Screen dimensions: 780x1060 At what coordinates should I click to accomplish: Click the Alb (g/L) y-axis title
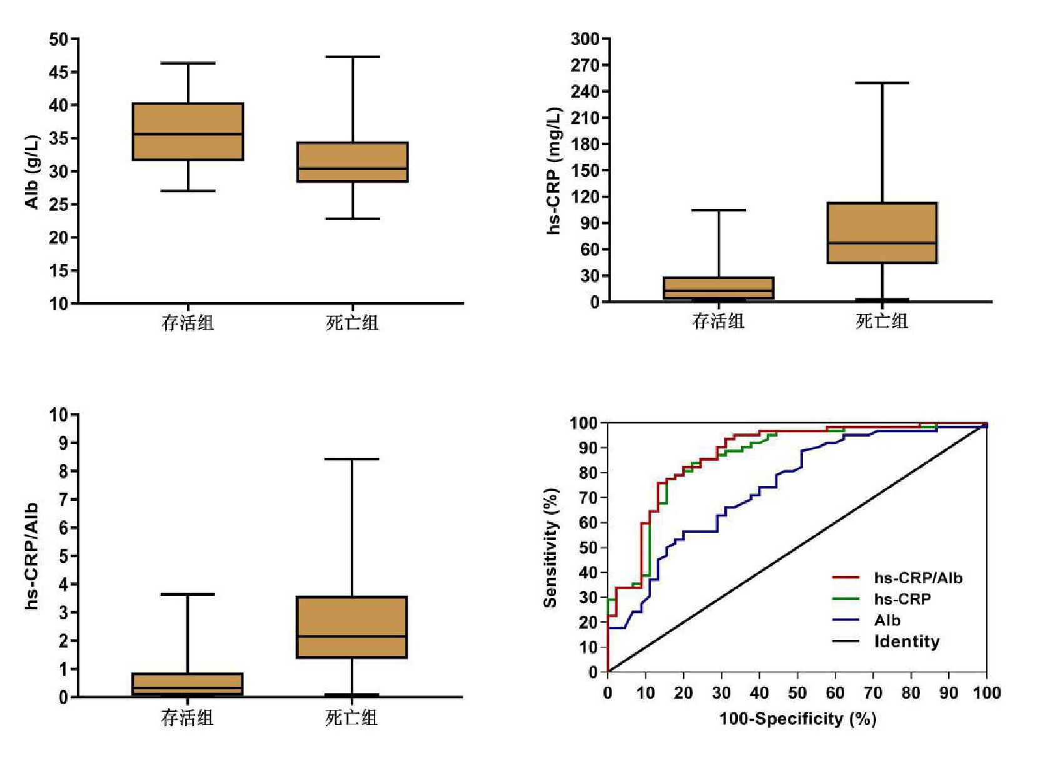click(32, 171)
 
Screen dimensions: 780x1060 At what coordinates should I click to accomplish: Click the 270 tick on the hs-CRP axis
click(585, 65)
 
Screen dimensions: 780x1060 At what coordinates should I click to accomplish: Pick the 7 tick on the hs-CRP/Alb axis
click(63, 499)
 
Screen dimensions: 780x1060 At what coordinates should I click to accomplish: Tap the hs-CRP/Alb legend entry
click(917, 578)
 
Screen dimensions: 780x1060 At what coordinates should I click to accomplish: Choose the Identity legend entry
click(906, 642)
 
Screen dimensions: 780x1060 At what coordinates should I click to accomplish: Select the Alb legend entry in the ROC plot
click(887, 620)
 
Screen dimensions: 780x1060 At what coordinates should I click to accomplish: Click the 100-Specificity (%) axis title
click(797, 719)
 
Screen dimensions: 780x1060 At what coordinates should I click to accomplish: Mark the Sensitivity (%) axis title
click(550, 548)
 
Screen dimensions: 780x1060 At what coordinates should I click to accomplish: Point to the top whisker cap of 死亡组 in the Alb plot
click(353, 57)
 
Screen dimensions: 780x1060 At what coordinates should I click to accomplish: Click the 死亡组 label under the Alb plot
click(352, 323)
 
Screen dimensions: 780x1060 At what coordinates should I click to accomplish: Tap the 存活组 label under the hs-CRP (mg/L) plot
click(718, 322)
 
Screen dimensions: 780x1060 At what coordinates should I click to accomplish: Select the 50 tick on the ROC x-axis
click(797, 693)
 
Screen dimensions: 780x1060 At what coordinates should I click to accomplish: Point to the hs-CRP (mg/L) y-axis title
click(554, 171)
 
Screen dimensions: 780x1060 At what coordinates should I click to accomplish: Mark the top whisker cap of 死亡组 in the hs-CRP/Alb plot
click(351, 459)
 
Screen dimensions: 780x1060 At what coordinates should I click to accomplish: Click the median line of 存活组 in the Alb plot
click(188, 134)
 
